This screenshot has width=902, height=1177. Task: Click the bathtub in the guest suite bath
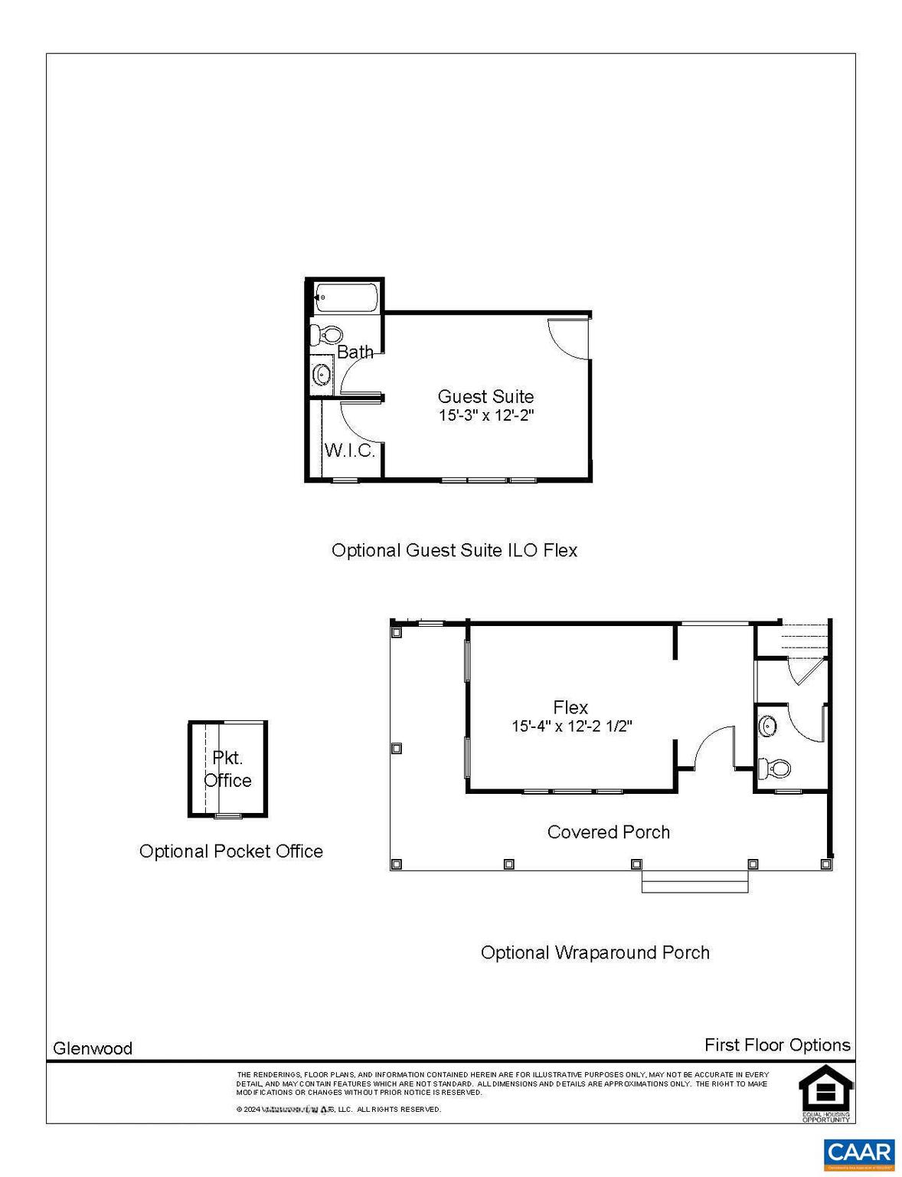(345, 297)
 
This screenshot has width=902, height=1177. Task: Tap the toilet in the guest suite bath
(326, 334)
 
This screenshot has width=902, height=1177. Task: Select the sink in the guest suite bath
(322, 375)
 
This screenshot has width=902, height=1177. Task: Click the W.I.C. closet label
(350, 450)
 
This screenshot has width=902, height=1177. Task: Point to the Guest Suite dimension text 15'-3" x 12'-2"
(485, 416)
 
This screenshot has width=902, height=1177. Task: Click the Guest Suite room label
(485, 396)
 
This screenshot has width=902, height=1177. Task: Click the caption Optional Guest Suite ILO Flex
(454, 550)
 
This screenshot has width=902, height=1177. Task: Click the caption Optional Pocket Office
(230, 851)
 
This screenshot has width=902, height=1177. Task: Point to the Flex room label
(570, 707)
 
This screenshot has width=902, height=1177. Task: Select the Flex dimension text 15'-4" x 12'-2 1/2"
(571, 726)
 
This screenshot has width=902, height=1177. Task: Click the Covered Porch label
(608, 832)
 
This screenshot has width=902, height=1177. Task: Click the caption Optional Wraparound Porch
(595, 952)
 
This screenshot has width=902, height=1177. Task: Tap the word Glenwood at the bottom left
(93, 1048)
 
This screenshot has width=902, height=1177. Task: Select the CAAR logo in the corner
(859, 1154)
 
